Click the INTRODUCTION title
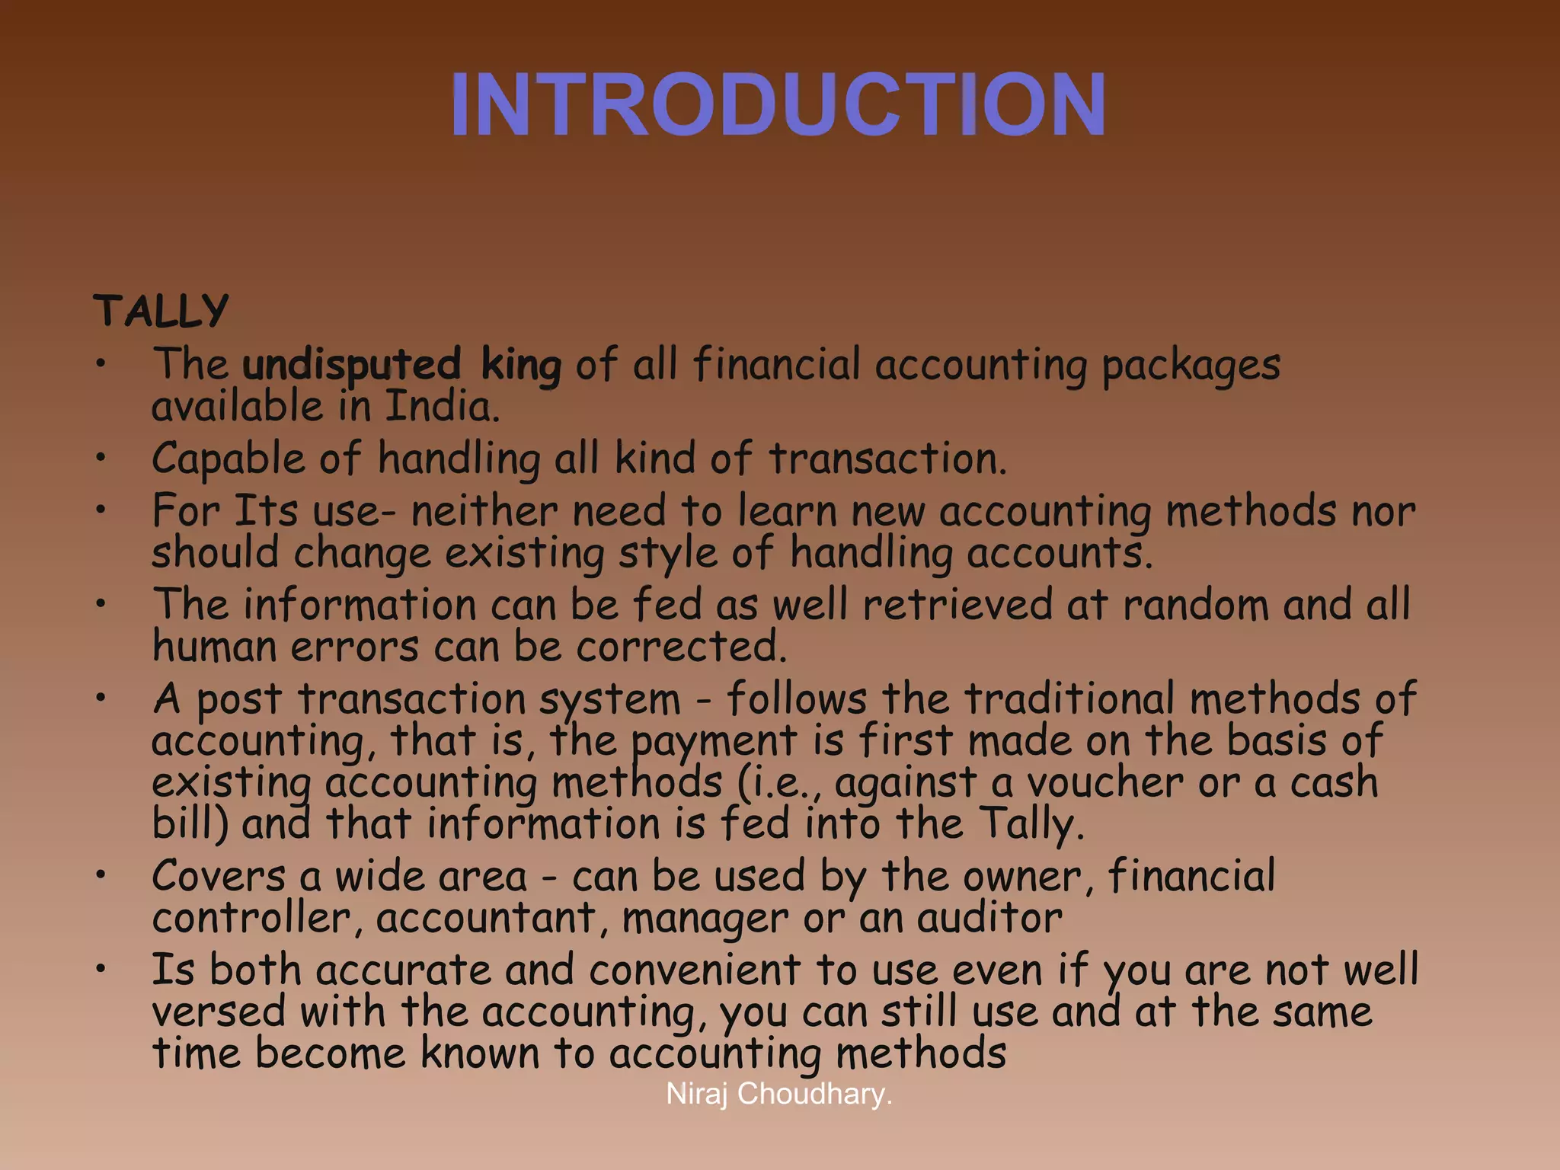pyautogui.click(x=778, y=104)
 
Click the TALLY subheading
pyautogui.click(x=161, y=311)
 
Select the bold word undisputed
pyautogui.click(x=352, y=365)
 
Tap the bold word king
pyautogui.click(x=521, y=365)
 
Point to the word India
pyautogui.click(x=441, y=407)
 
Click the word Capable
pyautogui.click(x=228, y=459)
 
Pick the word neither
pyautogui.click(x=484, y=510)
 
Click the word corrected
pyautogui.click(x=680, y=647)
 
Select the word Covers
pyautogui.click(x=219, y=876)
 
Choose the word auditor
pyautogui.click(x=989, y=918)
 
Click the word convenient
pyautogui.click(x=694, y=970)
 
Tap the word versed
pyautogui.click(x=219, y=1012)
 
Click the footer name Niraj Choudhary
pyautogui.click(x=778, y=1094)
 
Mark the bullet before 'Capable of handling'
pyautogui.click(x=101, y=458)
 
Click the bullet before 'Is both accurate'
pyautogui.click(x=101, y=969)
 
